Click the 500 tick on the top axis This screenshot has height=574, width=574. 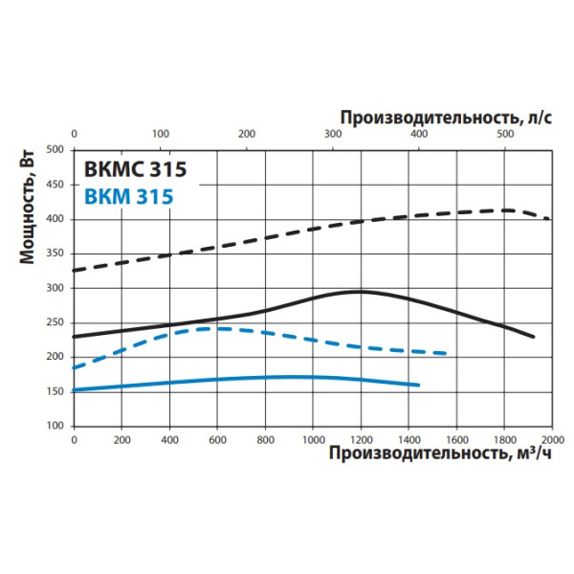tap(505, 134)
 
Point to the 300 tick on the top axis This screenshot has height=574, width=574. tap(333, 134)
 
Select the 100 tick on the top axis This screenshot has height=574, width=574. tap(160, 134)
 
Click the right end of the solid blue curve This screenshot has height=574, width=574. tap(419, 386)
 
